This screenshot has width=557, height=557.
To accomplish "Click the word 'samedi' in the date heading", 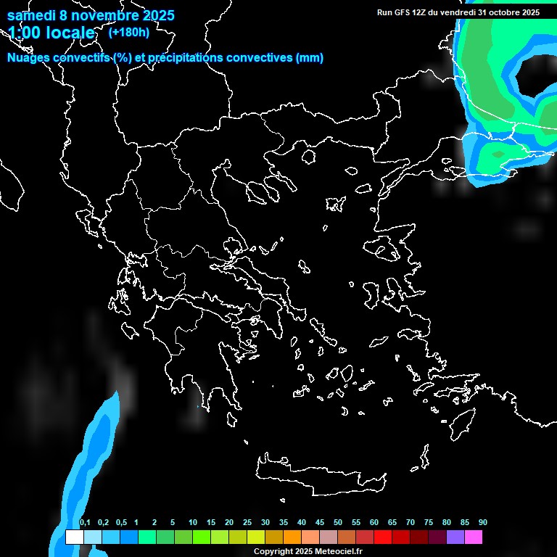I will pyautogui.click(x=31, y=15).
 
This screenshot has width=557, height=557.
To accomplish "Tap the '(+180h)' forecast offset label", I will pyautogui.click(x=128, y=32).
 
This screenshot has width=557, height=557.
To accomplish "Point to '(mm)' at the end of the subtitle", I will pyautogui.click(x=310, y=58).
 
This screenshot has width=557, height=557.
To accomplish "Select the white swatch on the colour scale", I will pyautogui.click(x=74, y=537).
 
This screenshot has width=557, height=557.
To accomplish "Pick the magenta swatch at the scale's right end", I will pyautogui.click(x=473, y=537).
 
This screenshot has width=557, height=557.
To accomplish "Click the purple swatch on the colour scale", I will pyautogui.click(x=455, y=537).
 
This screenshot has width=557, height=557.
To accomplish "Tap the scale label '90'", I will pyautogui.click(x=482, y=523).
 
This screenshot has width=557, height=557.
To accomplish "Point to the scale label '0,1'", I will pyautogui.click(x=85, y=523).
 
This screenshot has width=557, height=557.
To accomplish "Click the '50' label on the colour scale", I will pyautogui.click(x=337, y=523).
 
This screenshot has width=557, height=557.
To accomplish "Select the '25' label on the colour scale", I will pyautogui.click(x=247, y=523).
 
